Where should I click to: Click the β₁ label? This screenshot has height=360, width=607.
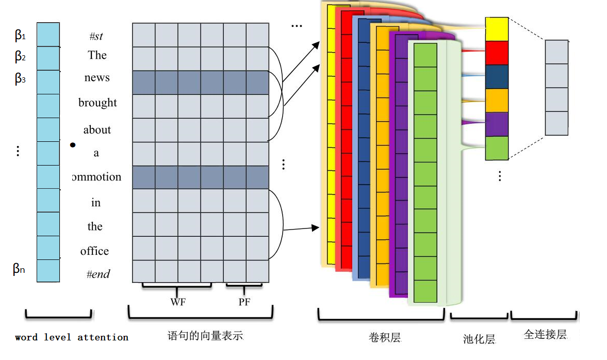point(20,36)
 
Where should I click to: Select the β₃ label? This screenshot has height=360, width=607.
point(20,79)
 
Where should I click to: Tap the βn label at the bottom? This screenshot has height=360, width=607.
point(19,269)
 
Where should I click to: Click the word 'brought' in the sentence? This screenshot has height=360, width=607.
point(97,103)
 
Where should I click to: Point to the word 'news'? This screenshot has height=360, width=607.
point(97,78)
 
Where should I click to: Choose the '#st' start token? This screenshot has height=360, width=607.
point(96,37)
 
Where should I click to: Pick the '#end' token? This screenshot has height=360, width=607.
point(98,274)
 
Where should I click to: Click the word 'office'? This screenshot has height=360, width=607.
point(94,252)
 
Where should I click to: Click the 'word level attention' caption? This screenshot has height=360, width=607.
point(72,337)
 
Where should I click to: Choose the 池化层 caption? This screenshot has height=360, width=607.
point(479,339)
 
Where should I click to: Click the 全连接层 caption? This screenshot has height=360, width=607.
point(545,335)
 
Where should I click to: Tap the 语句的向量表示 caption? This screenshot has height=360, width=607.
point(205,336)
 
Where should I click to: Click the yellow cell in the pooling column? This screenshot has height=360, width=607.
point(497,29)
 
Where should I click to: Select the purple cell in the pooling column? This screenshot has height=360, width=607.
point(497,124)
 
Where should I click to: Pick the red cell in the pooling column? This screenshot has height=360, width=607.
point(497,53)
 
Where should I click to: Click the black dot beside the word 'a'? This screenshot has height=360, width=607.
point(73,145)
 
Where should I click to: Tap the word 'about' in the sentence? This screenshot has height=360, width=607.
point(97,130)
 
